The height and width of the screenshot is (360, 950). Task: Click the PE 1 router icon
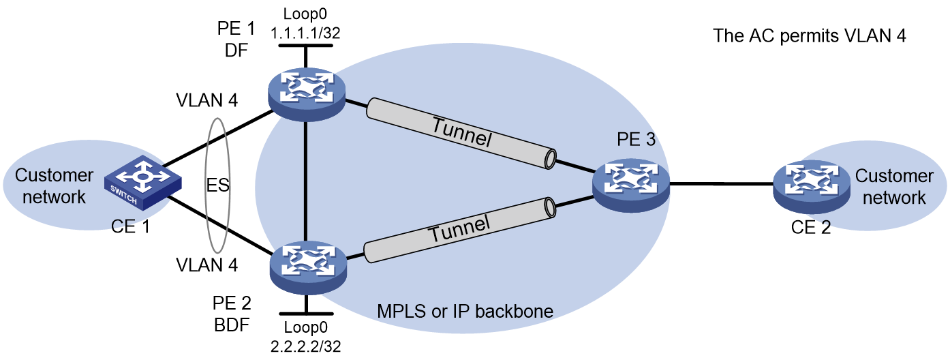point(307,95)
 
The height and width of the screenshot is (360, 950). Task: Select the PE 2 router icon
point(308,267)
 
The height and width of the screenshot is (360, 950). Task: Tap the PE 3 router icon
point(631,185)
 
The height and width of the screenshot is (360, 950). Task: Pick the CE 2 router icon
point(812,187)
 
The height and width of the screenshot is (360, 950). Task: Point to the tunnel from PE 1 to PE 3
point(461,134)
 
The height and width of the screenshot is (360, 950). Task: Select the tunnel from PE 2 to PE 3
point(460,230)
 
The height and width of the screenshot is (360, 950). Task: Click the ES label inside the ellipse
point(217,185)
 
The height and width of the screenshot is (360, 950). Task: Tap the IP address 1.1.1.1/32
point(305,33)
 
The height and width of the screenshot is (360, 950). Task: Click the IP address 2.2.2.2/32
point(306,346)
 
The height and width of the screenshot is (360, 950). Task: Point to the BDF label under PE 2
point(232,325)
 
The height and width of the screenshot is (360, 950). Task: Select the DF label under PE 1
point(236,50)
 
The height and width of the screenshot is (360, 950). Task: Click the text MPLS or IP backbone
point(465,312)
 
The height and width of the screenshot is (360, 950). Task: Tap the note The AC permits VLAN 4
point(809,35)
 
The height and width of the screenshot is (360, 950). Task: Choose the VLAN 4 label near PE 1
point(207,100)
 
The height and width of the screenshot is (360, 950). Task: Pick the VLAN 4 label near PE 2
point(207,265)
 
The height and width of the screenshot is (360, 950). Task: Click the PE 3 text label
point(636,139)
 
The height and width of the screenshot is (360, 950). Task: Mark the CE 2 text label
point(811,228)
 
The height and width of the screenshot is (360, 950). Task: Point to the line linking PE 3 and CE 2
point(722,184)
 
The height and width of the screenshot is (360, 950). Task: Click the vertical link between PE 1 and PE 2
point(305,181)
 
